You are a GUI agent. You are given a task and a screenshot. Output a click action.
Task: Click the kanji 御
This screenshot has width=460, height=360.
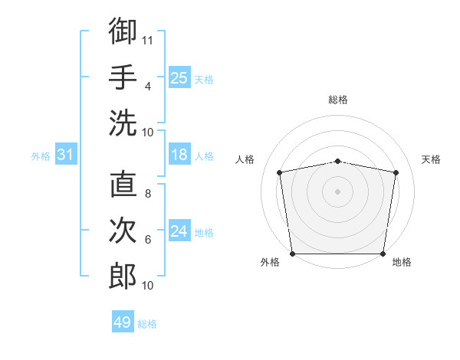click(123, 31)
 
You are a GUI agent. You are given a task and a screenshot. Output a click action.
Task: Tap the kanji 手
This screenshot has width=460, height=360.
click(123, 77)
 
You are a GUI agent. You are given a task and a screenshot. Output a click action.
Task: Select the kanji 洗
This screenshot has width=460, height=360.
click(123, 123)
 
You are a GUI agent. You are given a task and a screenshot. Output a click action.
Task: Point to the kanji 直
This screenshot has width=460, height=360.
click(123, 185)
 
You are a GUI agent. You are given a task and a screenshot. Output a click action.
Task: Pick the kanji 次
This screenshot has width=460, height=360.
click(123, 231)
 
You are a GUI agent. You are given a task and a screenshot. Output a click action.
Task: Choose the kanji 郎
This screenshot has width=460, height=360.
click(123, 276)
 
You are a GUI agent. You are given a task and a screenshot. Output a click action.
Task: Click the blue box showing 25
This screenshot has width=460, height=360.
click(179, 77)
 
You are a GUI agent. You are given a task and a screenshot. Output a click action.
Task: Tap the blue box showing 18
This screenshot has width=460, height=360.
click(179, 155)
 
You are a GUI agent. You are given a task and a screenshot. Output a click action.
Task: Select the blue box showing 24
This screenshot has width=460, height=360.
click(179, 232)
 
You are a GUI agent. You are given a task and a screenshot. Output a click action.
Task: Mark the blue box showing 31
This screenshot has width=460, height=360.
click(65, 155)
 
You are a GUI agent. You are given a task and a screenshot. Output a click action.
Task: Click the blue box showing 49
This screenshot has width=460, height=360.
click(123, 322)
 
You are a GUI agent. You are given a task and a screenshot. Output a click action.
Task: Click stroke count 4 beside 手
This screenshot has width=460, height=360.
click(147, 86)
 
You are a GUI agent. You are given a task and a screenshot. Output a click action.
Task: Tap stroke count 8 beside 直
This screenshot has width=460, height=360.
click(147, 194)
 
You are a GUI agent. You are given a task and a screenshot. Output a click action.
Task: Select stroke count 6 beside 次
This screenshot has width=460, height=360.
click(147, 240)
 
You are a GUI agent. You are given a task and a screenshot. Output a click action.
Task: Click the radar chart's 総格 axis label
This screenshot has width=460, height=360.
click(337, 100)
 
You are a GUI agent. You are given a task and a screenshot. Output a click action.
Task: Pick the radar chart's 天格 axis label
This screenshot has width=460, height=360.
click(431, 159)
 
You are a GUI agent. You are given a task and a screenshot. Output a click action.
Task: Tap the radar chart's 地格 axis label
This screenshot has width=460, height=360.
click(402, 263)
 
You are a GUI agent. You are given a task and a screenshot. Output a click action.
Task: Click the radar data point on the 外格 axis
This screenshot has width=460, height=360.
click(293, 253)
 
